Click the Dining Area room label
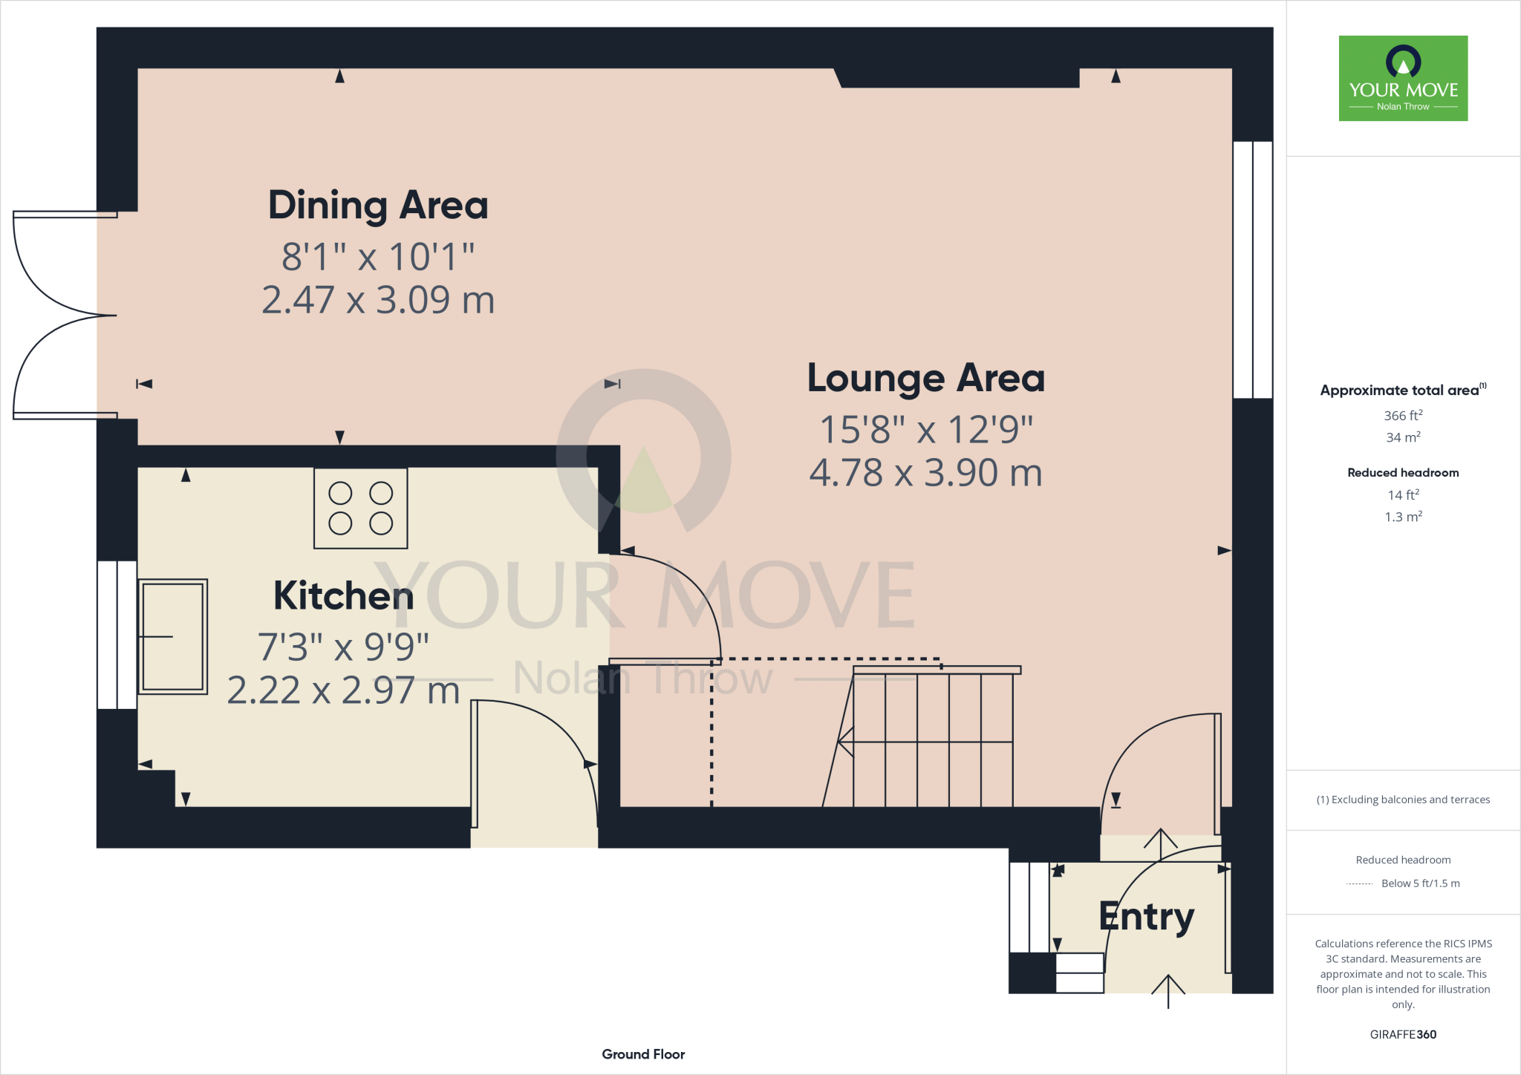(x=378, y=206)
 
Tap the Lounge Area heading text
(x=925, y=379)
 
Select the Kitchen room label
(x=343, y=596)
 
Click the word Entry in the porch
(x=1146, y=917)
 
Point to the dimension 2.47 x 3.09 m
(x=378, y=301)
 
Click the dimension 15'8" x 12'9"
(x=925, y=430)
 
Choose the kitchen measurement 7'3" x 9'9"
(x=343, y=647)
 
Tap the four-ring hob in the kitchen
(x=361, y=509)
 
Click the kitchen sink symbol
(x=172, y=636)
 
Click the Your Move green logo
(x=1403, y=78)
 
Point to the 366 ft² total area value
(x=1403, y=416)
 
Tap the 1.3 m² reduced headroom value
(x=1403, y=517)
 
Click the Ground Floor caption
(x=643, y=1054)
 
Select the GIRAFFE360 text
(x=1403, y=1034)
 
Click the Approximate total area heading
(x=1400, y=391)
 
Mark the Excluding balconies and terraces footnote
(x=1403, y=800)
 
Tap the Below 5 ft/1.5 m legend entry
(x=1419, y=883)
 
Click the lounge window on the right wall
(x=1253, y=269)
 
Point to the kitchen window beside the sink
(x=117, y=635)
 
